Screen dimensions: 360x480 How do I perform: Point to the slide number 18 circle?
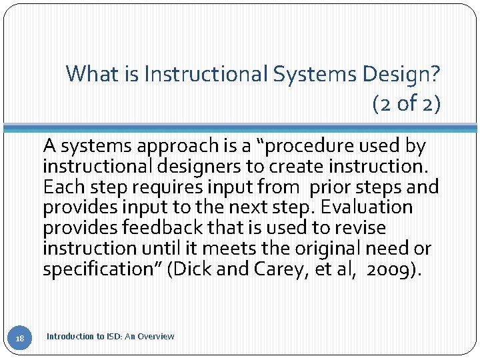pyautogui.click(x=20, y=339)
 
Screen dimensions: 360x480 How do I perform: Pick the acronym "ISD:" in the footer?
pyautogui.click(x=111, y=337)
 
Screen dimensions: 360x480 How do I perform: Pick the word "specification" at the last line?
pyautogui.click(x=103, y=269)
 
